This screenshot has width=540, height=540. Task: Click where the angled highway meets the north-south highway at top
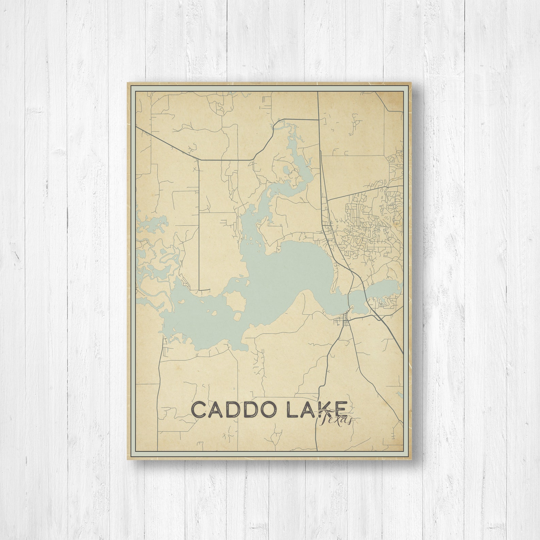(318, 120)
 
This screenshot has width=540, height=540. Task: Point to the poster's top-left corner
(128, 82)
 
